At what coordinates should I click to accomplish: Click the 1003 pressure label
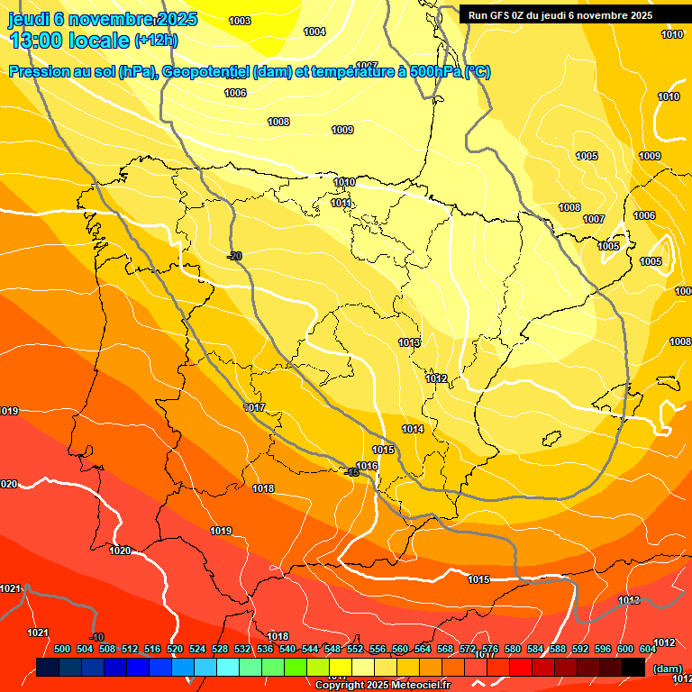tap(240, 21)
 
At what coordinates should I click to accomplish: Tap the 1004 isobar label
tap(314, 32)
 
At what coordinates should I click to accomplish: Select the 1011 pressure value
tap(341, 204)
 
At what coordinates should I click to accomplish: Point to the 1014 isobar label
tap(413, 430)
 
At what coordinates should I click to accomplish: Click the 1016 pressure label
tap(367, 466)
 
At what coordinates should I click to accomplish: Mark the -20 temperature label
tap(235, 257)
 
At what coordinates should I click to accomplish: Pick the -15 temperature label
tap(351, 472)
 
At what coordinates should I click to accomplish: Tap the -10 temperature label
tap(98, 637)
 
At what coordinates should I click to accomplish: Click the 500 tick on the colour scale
tap(62, 649)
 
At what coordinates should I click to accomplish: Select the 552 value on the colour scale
tap(355, 649)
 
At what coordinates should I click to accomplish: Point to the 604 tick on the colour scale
tap(648, 649)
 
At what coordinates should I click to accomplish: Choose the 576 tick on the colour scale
tap(490, 649)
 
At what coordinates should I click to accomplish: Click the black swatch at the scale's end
tap(633, 667)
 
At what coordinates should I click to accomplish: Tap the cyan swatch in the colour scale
tap(228, 667)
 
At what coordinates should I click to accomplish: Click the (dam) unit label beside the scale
tap(668, 668)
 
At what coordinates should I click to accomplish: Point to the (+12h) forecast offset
tap(156, 41)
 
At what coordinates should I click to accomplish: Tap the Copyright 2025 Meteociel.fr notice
tap(382, 685)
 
